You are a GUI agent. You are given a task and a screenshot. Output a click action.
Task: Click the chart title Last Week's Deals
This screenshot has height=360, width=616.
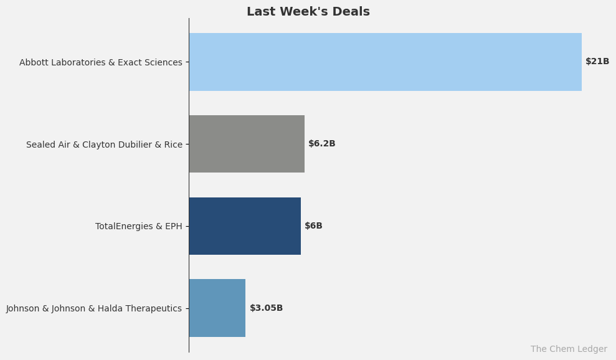308,12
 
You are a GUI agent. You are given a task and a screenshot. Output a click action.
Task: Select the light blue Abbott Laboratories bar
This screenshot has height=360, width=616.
385,62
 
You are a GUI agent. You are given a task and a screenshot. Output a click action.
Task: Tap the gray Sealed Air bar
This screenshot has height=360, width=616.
247,144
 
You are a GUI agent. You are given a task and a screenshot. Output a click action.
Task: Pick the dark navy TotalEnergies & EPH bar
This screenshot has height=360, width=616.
245,226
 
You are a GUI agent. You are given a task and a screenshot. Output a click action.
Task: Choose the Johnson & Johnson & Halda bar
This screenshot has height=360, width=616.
217,308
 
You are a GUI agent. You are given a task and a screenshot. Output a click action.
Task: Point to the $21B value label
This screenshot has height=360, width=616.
597,62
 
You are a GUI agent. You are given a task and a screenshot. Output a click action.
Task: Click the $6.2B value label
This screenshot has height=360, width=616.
321,144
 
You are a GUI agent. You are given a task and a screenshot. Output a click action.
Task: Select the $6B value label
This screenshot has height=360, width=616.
313,226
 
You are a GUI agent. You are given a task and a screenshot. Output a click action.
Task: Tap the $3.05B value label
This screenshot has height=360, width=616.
266,308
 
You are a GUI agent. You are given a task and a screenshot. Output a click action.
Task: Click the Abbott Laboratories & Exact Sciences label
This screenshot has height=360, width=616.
101,62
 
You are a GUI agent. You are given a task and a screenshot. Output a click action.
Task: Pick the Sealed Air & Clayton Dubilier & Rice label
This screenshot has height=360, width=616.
104,144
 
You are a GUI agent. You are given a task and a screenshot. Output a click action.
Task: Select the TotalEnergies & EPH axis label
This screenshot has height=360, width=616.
138,227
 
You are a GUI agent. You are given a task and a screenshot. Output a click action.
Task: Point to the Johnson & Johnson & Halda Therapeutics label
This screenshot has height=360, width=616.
94,308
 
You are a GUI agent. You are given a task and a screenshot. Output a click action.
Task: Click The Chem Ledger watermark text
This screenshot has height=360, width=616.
569,349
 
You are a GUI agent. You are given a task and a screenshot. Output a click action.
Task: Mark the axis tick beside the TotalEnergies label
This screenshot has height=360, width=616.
186,226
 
